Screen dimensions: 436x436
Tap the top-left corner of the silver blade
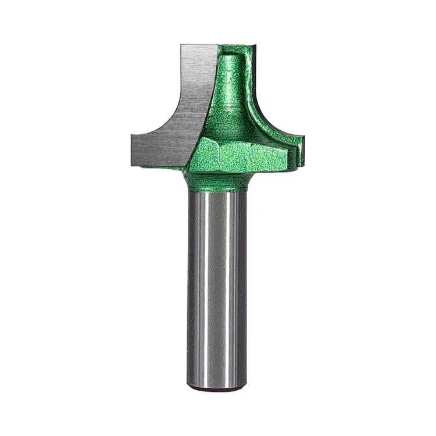point(182,46)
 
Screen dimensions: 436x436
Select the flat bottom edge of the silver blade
point(157,165)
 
